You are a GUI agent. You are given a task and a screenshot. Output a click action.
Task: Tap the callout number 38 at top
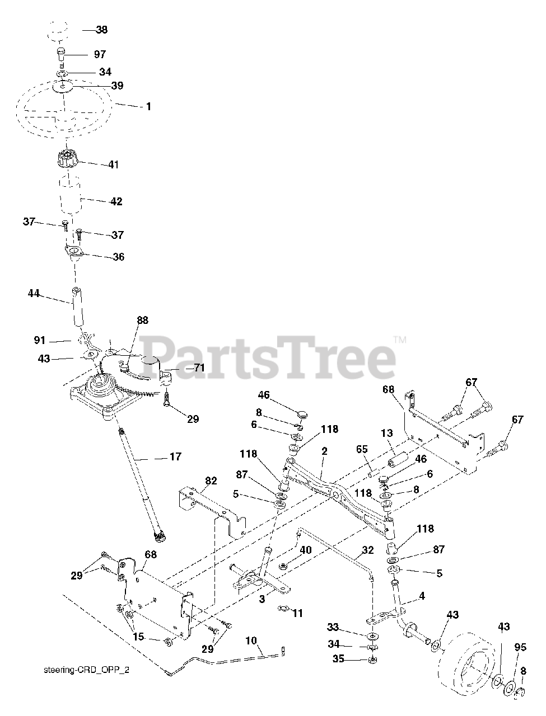102,30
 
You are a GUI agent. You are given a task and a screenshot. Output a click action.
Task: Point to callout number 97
99,54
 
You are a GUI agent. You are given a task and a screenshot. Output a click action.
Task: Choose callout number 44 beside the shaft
34,293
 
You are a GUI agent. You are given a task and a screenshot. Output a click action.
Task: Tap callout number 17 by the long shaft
175,456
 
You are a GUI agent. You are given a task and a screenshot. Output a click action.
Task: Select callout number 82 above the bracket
211,481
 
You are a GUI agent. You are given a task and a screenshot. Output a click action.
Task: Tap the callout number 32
367,550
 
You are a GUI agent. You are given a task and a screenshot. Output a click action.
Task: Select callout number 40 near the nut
305,550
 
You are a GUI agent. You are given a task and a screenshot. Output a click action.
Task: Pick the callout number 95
521,647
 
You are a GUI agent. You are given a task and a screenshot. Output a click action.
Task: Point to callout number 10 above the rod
251,639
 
